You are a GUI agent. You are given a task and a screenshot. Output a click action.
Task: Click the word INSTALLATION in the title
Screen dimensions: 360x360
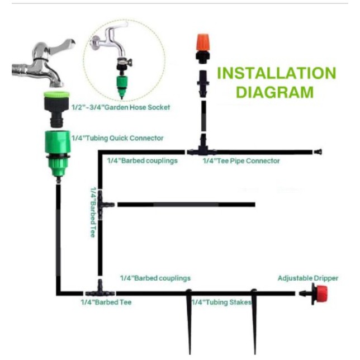tap(276, 73)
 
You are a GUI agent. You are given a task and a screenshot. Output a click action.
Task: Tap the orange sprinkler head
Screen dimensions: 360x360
tap(202, 45)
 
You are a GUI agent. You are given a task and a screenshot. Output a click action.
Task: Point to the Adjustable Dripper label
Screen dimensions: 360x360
tap(308, 278)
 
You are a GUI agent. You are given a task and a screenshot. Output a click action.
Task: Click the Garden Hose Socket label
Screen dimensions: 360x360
tap(121, 107)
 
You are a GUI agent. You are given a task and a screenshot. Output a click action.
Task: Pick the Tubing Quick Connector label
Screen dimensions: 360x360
tap(118, 138)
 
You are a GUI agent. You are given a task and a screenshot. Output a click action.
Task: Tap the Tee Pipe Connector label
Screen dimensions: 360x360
tap(240, 161)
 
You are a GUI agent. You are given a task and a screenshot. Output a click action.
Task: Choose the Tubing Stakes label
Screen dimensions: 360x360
tap(221, 302)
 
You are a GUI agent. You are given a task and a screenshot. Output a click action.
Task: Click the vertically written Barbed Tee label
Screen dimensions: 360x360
tap(93, 212)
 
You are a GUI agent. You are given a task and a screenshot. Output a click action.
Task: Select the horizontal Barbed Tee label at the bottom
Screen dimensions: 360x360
tap(106, 302)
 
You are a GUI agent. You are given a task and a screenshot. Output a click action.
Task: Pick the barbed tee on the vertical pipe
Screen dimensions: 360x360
tap(103, 205)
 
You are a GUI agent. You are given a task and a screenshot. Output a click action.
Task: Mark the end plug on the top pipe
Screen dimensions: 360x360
tap(319, 151)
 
